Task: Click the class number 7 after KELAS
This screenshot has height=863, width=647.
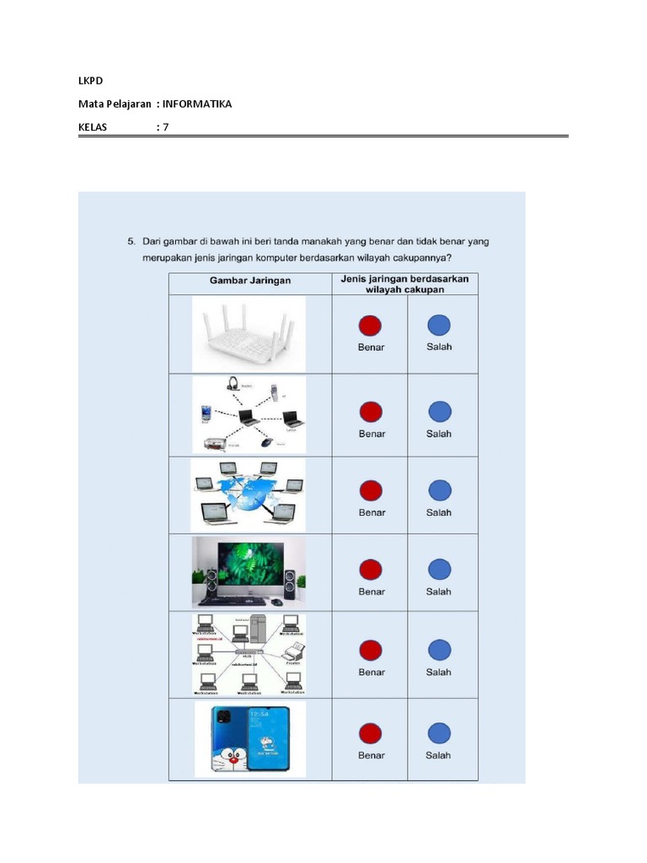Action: tap(166, 127)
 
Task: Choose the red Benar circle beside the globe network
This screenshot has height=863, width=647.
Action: tap(371, 490)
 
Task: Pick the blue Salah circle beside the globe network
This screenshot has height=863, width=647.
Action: tap(439, 490)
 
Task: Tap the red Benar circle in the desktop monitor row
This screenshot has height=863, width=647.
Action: tap(371, 570)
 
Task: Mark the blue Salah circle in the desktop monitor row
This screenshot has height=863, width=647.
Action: tap(439, 570)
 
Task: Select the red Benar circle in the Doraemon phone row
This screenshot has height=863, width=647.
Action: tap(371, 733)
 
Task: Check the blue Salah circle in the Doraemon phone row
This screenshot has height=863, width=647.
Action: tap(439, 733)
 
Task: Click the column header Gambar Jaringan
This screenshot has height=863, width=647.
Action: tap(249, 281)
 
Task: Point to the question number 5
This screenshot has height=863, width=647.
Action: tap(131, 241)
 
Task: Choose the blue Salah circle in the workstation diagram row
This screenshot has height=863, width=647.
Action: tap(439, 650)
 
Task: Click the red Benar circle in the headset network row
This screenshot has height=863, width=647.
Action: tap(371, 412)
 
